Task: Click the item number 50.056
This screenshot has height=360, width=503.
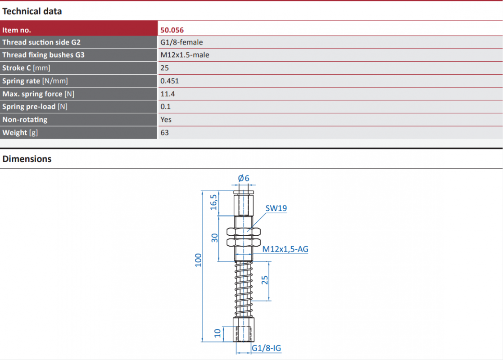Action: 172,30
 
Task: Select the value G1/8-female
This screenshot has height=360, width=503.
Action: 181,42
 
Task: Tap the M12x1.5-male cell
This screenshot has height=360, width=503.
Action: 185,55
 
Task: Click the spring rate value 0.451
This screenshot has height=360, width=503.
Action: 169,81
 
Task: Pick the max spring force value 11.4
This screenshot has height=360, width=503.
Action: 168,94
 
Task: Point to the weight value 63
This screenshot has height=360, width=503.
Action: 164,132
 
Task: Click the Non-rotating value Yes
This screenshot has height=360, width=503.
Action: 166,120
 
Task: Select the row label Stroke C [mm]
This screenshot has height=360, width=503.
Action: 26,68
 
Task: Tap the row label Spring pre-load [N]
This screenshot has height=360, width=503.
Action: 35,107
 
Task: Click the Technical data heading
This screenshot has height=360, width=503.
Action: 32,12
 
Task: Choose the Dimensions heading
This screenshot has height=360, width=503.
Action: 27,159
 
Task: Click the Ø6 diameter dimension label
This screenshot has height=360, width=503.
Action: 244,178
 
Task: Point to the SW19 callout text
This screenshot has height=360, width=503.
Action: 276,208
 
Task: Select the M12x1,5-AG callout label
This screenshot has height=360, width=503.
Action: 285,249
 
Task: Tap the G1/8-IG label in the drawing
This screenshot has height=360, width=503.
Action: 266,348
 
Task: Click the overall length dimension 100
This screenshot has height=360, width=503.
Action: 198,260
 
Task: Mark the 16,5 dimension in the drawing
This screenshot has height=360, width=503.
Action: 213,202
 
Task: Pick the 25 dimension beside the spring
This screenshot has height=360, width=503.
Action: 265,280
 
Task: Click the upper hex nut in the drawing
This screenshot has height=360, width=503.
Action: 244,231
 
